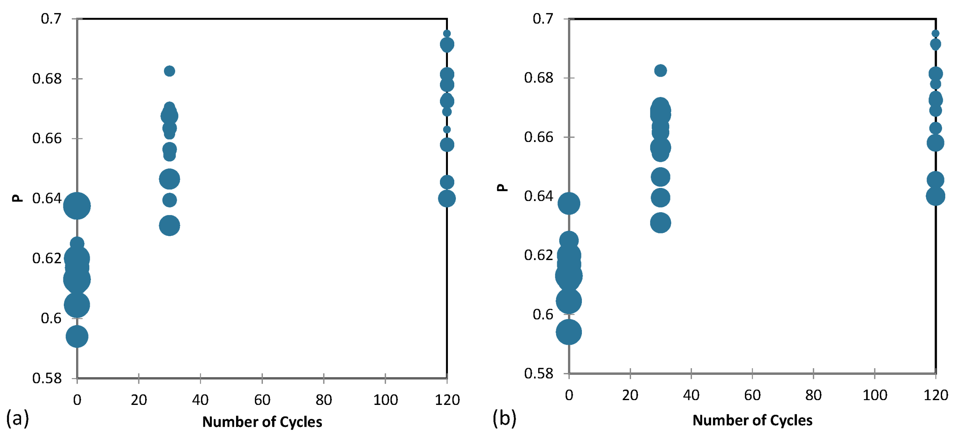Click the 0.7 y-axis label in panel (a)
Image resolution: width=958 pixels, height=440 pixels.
[51, 19]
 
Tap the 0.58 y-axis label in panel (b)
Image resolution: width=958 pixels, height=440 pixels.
[538, 373]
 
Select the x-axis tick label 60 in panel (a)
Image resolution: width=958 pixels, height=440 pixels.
[262, 400]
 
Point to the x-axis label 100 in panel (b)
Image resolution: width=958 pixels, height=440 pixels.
[875, 395]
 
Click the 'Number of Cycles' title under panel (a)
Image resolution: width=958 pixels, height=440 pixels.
[262, 422]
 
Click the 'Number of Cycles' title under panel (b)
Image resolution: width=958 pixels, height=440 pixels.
[752, 420]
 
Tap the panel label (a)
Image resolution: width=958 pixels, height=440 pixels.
[18, 418]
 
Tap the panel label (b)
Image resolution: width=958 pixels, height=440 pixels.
[504, 418]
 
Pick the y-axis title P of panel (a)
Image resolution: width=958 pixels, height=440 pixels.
[18, 198]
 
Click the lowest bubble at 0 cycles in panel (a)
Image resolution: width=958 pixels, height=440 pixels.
[77, 336]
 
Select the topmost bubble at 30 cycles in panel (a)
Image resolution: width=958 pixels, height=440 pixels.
[170, 71]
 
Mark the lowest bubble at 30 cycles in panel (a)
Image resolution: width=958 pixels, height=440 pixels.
[170, 225]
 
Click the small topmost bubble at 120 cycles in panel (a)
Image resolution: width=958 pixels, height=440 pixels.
[447, 34]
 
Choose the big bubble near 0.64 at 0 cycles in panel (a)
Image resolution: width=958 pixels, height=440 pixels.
[77, 206]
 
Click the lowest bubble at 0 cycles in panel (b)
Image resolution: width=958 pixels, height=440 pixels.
[569, 332]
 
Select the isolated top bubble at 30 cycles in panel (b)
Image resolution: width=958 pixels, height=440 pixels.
[660, 71]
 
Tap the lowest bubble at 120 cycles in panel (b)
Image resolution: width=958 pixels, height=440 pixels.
[935, 196]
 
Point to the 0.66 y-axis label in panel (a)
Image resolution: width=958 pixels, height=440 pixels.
[47, 138]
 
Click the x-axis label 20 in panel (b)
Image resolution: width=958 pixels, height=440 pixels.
[630, 395]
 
